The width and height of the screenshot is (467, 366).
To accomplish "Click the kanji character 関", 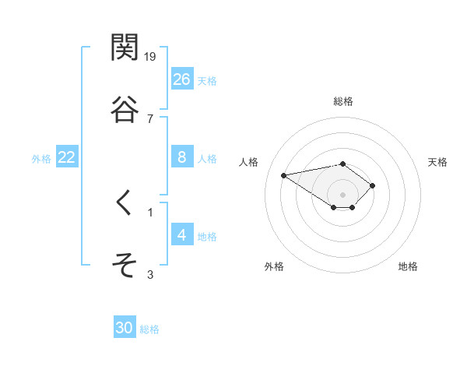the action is tap(125, 48).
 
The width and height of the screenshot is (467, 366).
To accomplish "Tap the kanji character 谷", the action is tap(125, 111).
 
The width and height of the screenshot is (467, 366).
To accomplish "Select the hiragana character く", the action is tap(125, 204).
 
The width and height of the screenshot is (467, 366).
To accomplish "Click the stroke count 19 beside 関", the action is tap(151, 56).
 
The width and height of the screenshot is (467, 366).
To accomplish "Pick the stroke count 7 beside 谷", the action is tap(149, 118).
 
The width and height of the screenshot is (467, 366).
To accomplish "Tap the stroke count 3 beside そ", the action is tap(150, 273).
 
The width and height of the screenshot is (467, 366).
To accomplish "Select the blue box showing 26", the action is tap(182, 79).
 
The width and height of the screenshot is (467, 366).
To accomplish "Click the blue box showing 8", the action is tap(182, 157).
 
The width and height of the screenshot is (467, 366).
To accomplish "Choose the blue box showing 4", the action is tap(182, 234).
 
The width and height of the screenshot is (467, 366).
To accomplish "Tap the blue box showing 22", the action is tap(67, 157).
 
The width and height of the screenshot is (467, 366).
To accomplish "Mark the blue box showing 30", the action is tap(125, 328).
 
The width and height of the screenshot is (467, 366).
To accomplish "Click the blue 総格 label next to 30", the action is tap(149, 329).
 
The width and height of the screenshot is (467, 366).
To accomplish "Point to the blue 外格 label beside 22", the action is tap(41, 159).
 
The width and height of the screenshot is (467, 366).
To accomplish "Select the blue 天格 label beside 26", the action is tap(207, 81).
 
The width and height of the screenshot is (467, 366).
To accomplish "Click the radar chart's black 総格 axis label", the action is tap(343, 101).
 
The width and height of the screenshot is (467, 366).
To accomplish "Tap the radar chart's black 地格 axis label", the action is tap(408, 266).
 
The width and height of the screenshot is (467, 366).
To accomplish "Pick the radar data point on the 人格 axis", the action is tap(284, 174).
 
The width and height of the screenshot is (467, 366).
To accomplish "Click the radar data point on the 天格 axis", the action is tap(373, 185).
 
